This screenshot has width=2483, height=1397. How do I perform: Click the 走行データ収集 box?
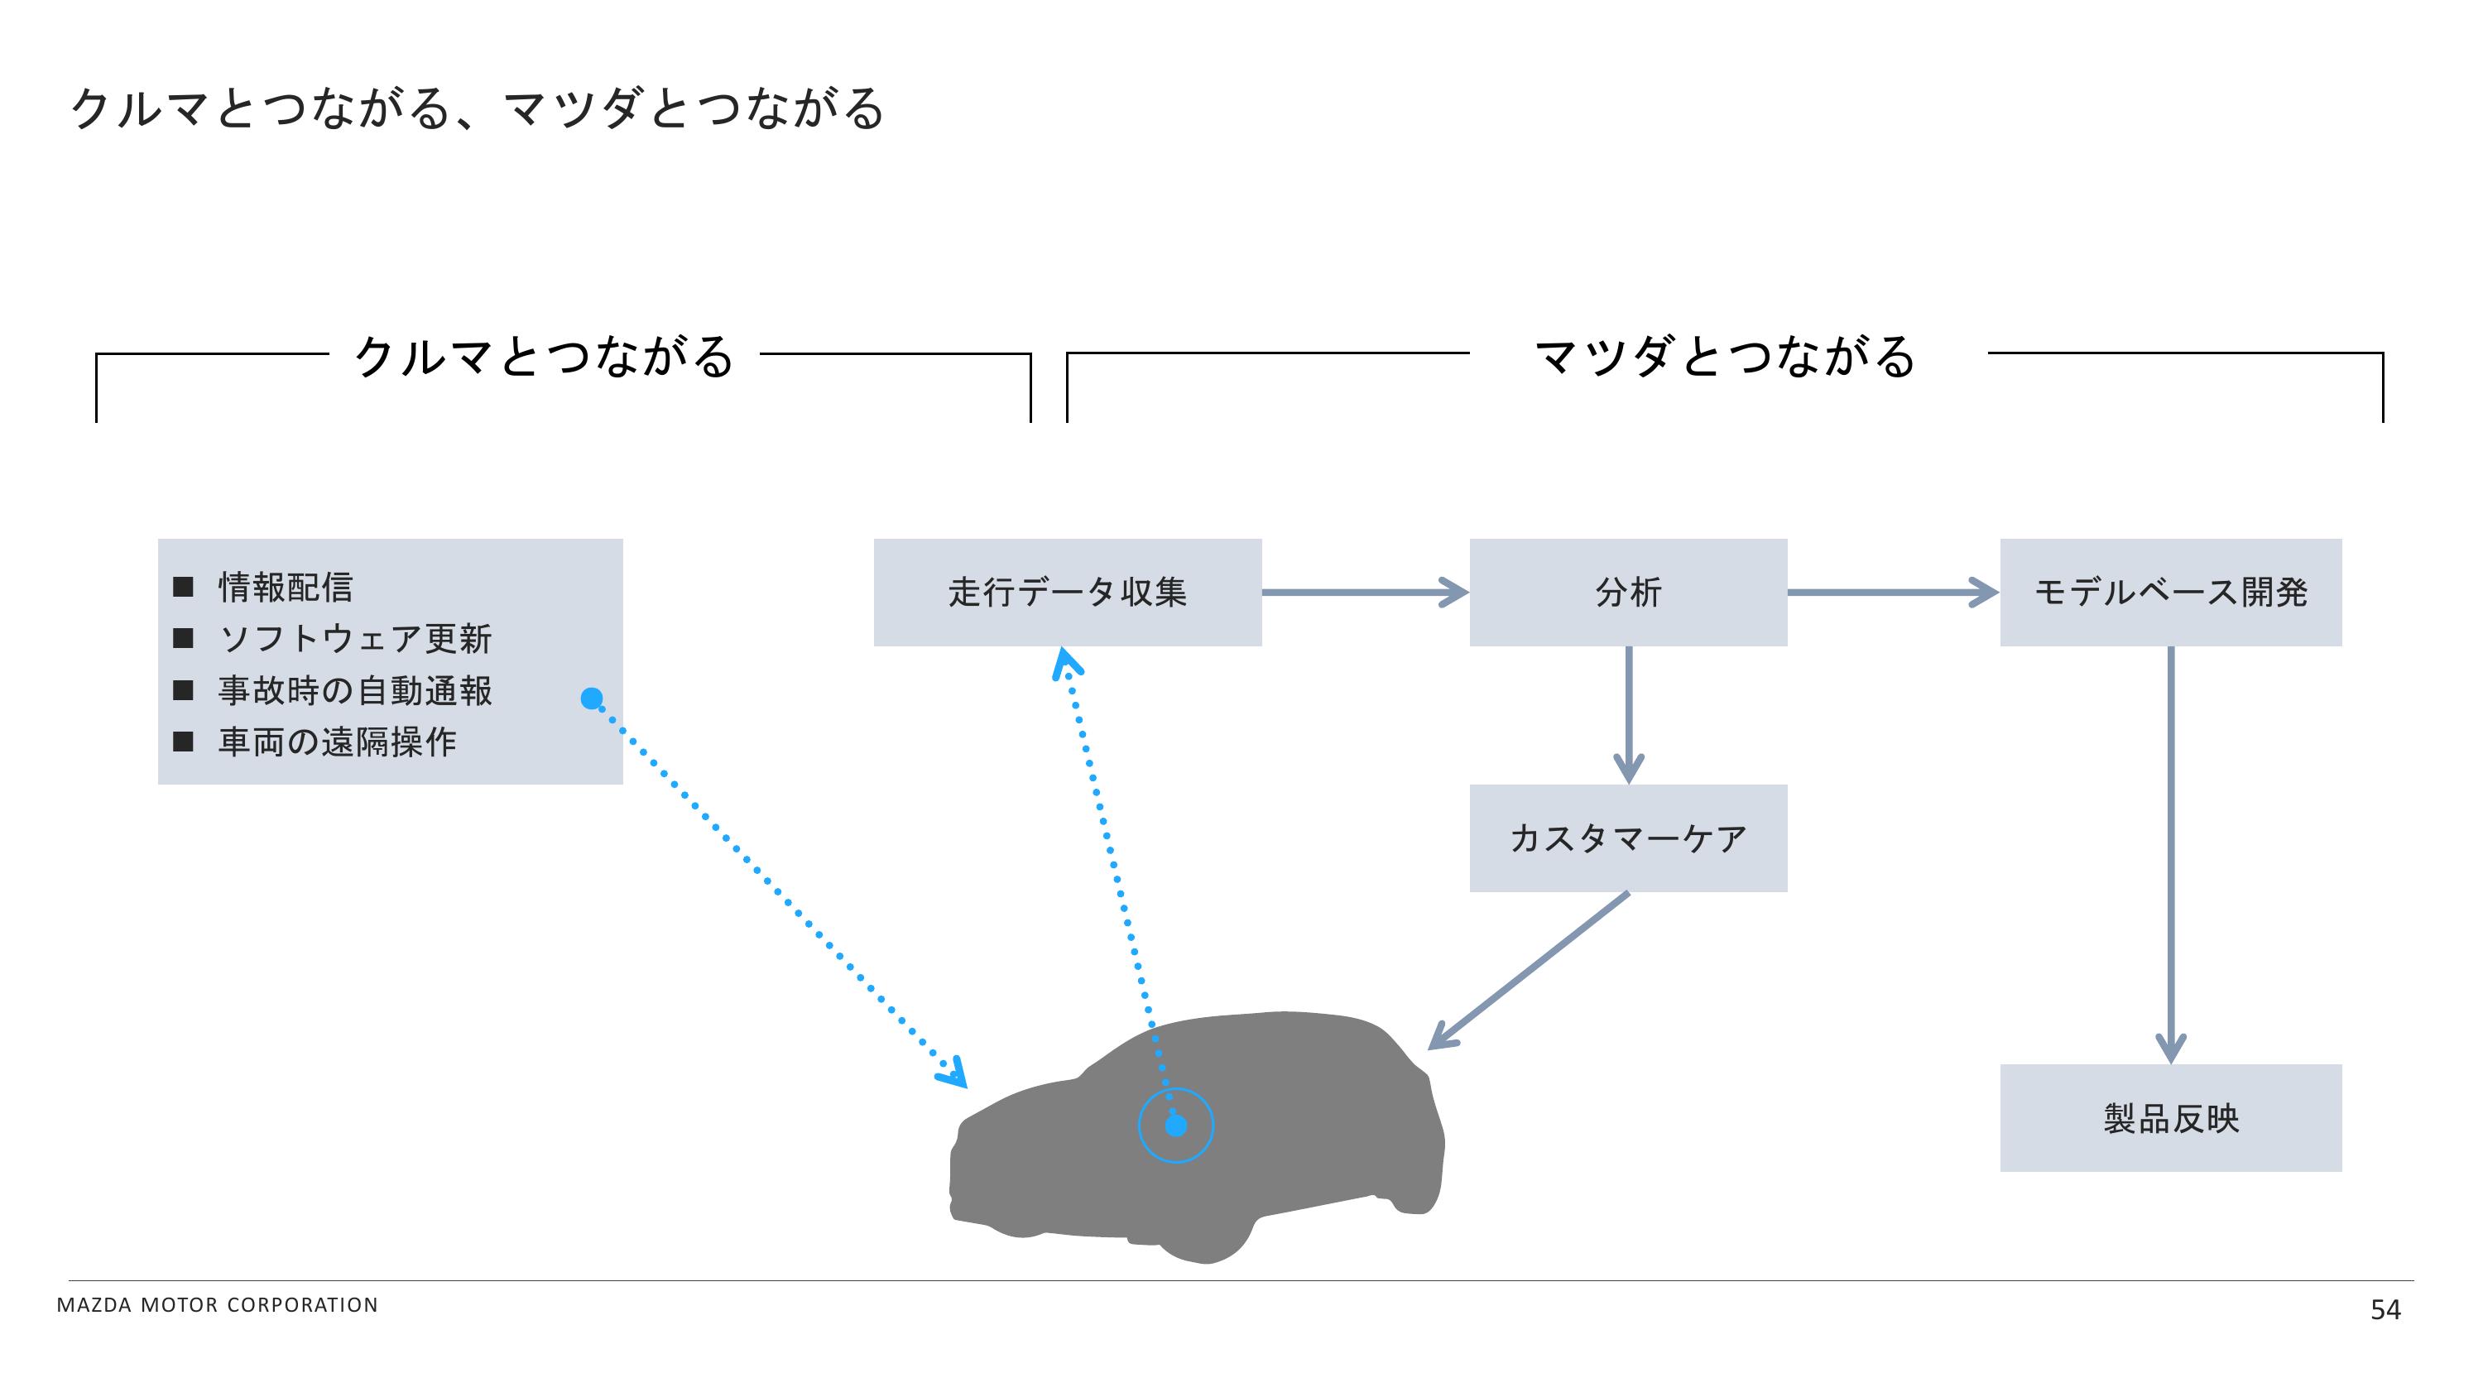coord(1067,592)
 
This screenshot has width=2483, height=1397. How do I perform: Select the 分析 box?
coord(1628,592)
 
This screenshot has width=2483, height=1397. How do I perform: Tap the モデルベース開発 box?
coord(2171,592)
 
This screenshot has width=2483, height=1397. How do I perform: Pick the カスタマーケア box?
coord(1628,838)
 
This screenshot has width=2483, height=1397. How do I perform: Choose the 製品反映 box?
coord(2171,1118)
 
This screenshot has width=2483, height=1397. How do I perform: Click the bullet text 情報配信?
coord(286,587)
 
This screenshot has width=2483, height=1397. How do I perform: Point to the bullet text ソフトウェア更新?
coord(356,638)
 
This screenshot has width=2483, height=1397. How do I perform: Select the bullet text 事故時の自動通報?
coord(356,690)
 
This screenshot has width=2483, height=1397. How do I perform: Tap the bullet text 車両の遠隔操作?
coord(338,742)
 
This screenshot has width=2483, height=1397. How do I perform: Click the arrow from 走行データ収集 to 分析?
coord(1364,592)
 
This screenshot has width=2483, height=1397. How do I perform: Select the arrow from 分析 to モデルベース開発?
coord(1892,592)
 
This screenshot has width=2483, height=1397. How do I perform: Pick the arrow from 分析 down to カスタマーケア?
coord(1628,713)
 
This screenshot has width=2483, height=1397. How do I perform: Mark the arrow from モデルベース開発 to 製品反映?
coord(2171,853)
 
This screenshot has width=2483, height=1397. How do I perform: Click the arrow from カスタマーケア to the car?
coord(1528,970)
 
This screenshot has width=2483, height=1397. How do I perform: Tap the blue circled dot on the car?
coord(1176,1125)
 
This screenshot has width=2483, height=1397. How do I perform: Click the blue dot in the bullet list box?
coord(592,698)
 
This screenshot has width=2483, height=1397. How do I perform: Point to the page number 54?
coord(2385,1309)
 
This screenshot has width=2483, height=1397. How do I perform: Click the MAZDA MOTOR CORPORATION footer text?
coord(218,1304)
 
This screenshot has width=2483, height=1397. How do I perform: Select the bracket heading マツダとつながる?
coord(1724,356)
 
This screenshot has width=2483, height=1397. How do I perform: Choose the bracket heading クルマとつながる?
coord(545,356)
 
